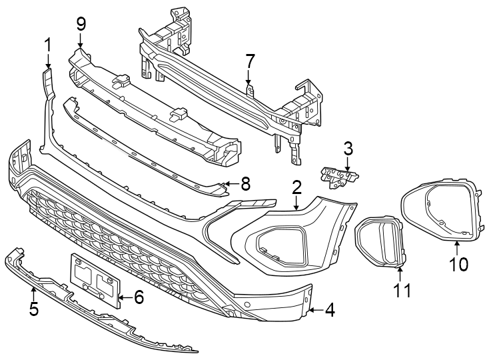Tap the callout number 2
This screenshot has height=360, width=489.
pyautogui.click(x=296, y=188)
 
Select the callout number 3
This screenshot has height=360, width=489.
pyautogui.click(x=347, y=149)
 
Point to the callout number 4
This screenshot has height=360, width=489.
pyautogui.click(x=330, y=310)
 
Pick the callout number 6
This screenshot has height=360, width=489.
pyautogui.click(x=139, y=297)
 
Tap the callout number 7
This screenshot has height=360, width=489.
pyautogui.click(x=249, y=61)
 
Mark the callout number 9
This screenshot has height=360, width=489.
pyautogui.click(x=81, y=25)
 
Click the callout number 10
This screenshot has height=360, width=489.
pyautogui.click(x=458, y=264)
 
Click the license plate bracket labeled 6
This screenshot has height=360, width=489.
pyautogui.click(x=95, y=279)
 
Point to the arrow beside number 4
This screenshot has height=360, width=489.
pyautogui.click(x=314, y=310)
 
